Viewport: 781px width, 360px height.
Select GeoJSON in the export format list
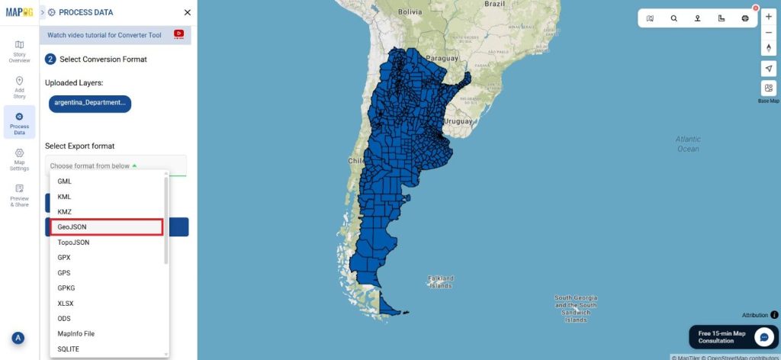coord(107,227)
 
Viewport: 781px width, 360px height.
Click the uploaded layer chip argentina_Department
coord(90,102)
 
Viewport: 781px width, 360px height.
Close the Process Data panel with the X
coord(188,12)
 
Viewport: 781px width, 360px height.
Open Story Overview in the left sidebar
coord(19,51)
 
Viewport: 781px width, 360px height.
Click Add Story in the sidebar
coord(19,86)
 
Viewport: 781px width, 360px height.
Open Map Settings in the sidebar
coord(19,159)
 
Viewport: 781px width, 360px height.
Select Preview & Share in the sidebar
coord(19,195)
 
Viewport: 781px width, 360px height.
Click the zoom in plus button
coord(768,17)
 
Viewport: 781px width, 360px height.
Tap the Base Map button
coord(768,88)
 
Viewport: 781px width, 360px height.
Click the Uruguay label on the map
coord(459,121)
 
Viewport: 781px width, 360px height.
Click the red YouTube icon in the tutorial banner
coord(178,34)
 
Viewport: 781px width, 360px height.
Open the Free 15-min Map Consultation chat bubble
coord(764,337)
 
